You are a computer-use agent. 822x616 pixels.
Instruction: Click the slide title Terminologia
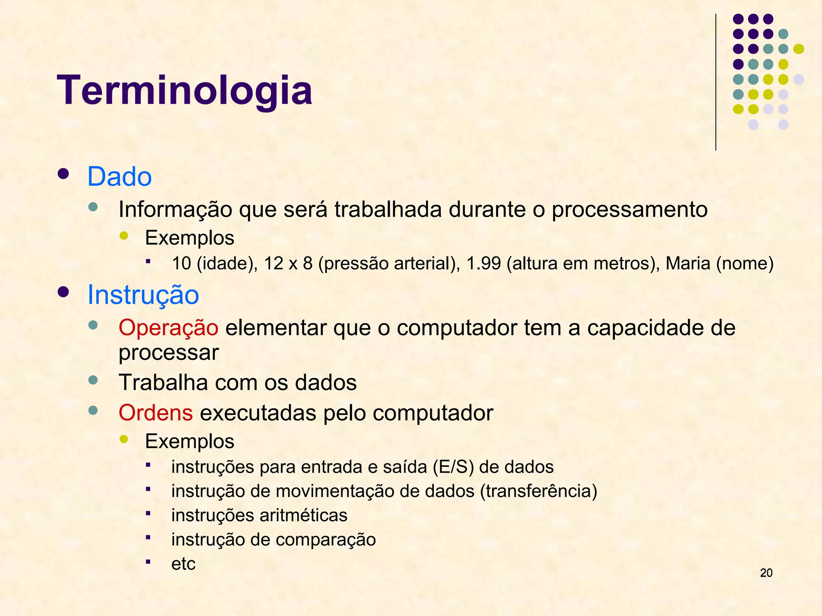pyautogui.click(x=185, y=91)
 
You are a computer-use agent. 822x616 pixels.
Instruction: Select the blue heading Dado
pyautogui.click(x=119, y=176)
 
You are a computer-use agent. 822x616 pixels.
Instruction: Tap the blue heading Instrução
pyautogui.click(x=143, y=295)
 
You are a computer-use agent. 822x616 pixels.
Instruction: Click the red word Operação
pyautogui.click(x=168, y=328)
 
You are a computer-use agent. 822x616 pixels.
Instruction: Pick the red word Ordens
pyautogui.click(x=156, y=413)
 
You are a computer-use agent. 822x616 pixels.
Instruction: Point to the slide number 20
pyautogui.click(x=766, y=573)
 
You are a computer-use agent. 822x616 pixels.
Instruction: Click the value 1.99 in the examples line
pyautogui.click(x=484, y=263)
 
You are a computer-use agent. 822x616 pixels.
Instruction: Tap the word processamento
pyautogui.click(x=629, y=209)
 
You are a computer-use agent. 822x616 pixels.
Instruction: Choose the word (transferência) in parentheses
pyautogui.click(x=538, y=491)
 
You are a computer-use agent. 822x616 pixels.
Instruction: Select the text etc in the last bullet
pyautogui.click(x=183, y=564)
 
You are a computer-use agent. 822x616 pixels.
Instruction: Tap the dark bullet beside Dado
pyautogui.click(x=63, y=174)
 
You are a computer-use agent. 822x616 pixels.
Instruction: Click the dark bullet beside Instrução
pyautogui.click(x=63, y=292)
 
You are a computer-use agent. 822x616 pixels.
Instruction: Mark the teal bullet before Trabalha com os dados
pyautogui.click(x=93, y=380)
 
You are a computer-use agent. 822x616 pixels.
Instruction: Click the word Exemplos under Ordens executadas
pyautogui.click(x=189, y=442)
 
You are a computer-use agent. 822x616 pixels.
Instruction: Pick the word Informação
pyautogui.click(x=175, y=209)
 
